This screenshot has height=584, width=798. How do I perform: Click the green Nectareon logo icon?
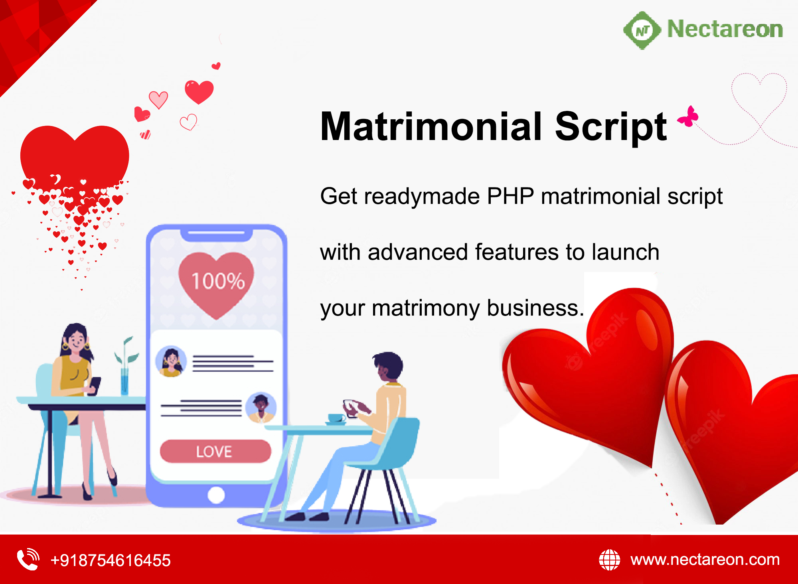[642, 30]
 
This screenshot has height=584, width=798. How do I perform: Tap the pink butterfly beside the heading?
[688, 116]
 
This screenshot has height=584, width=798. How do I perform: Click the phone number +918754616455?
[111, 560]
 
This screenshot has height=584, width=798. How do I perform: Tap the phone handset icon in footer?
[28, 559]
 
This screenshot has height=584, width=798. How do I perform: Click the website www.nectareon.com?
[705, 560]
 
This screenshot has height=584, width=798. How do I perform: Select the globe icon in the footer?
[609, 560]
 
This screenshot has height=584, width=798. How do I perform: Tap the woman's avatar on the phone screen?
[171, 361]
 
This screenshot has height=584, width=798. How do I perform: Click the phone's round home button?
[216, 495]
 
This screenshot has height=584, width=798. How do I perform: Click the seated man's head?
[388, 366]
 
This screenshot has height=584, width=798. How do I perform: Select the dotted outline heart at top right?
[759, 96]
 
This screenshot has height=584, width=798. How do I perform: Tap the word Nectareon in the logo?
[725, 30]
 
